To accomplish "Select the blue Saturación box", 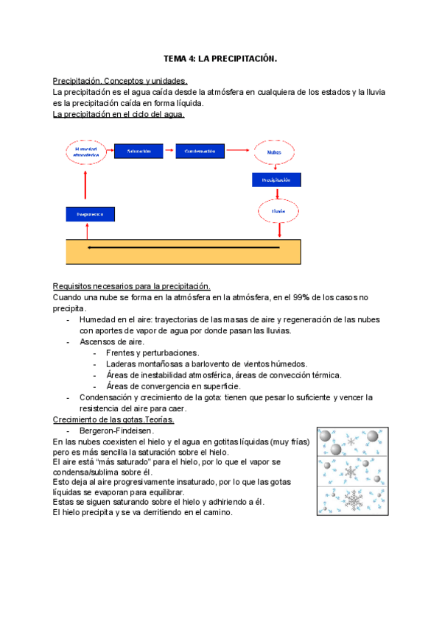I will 138,151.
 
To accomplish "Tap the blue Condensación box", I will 200,151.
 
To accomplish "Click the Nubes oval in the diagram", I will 274,152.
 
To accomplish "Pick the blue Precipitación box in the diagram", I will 276,180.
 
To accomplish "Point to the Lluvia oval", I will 278,211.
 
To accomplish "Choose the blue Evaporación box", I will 91,214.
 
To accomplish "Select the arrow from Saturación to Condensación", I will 169,151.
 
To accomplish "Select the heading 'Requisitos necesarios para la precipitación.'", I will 132,286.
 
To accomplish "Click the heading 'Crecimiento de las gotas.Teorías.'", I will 113,419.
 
